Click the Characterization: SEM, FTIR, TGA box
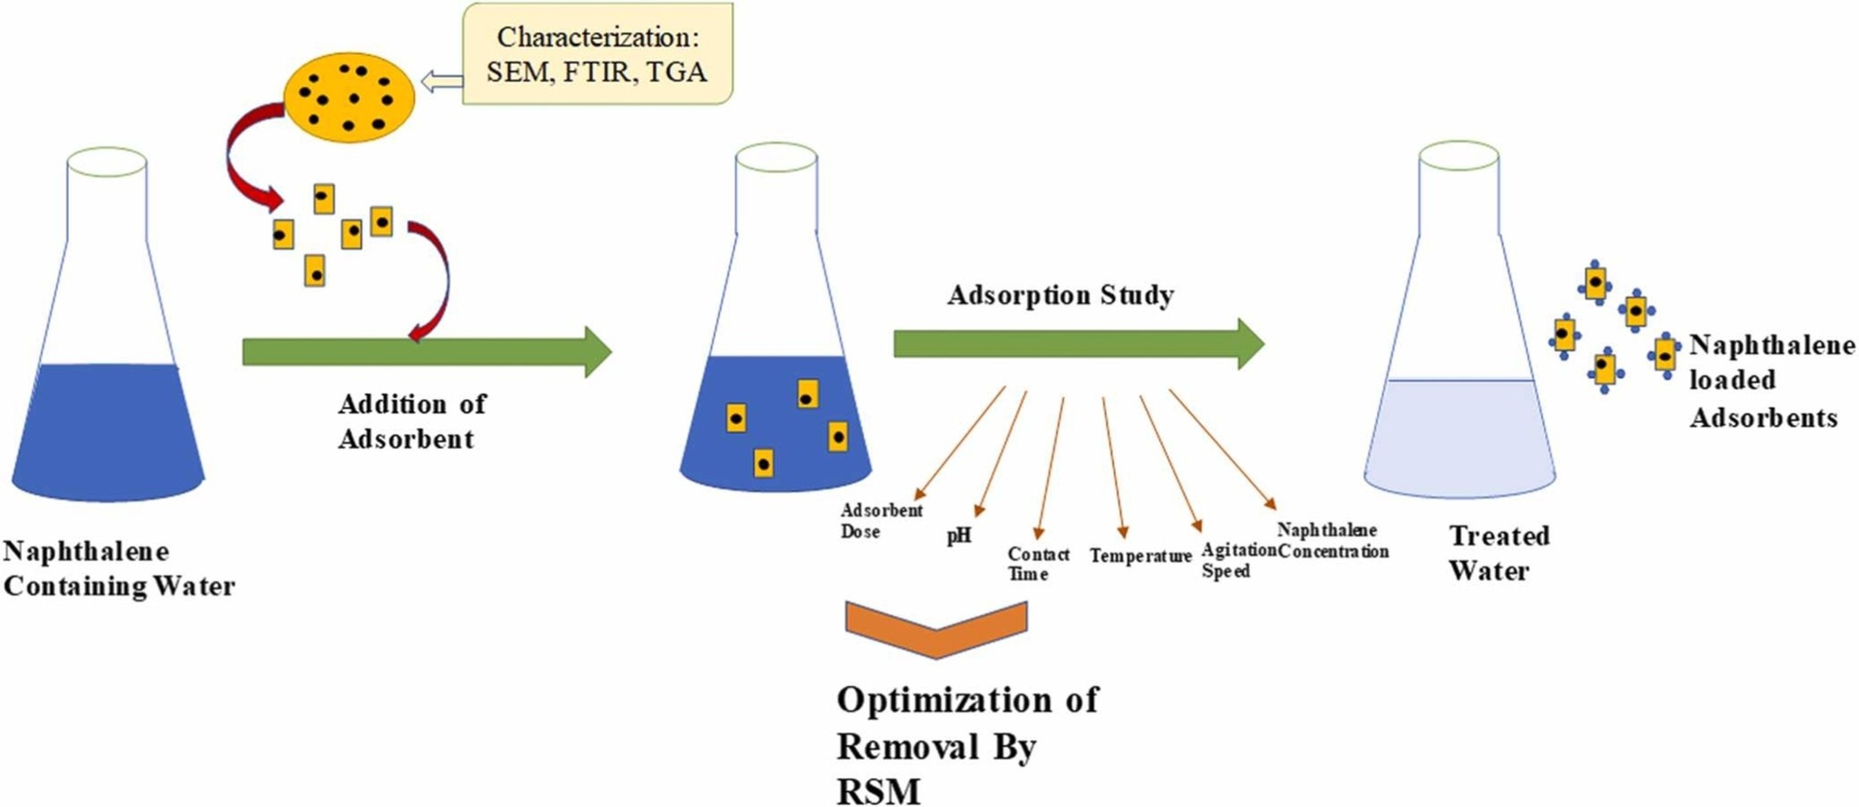pyautogui.click(x=598, y=54)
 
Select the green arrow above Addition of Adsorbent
pyautogui.click(x=427, y=352)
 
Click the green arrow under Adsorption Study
pyautogui.click(x=1079, y=344)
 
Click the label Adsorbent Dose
pyautogui.click(x=881, y=520)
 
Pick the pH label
pyautogui.click(x=959, y=536)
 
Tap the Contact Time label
pyautogui.click(x=1038, y=564)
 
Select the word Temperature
pyautogui.click(x=1140, y=556)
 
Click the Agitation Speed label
pyautogui.click(x=1238, y=560)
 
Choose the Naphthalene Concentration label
pyautogui.click(x=1333, y=541)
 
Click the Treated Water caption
pyautogui.click(x=1499, y=553)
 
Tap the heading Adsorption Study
pyautogui.click(x=1060, y=295)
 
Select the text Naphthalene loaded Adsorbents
pyautogui.click(x=1772, y=381)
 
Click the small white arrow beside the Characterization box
pyautogui.click(x=442, y=82)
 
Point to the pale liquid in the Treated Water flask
pyautogui.click(x=1459, y=438)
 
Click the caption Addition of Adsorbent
pyautogui.click(x=412, y=422)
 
